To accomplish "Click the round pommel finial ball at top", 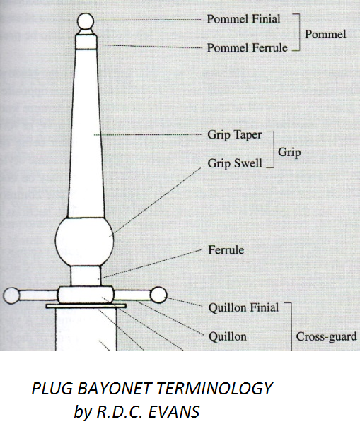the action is click(86, 21).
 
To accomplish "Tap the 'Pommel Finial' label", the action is click(243, 19).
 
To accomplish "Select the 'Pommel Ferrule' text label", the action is click(247, 48).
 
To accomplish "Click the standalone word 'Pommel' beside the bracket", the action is click(325, 35).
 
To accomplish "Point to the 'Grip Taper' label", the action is click(235, 135).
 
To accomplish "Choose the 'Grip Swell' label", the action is click(235, 163).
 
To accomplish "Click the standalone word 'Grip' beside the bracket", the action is click(289, 152).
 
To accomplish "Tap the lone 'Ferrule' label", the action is click(226, 250).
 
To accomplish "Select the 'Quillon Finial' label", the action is click(243, 307).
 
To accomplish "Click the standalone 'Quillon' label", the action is click(227, 336).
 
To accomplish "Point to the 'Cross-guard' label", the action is click(326, 336).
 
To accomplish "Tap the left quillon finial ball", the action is click(11, 295).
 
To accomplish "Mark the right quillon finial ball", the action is click(158, 295).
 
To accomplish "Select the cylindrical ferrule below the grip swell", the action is click(86, 276).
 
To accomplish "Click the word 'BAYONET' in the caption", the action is click(114, 389).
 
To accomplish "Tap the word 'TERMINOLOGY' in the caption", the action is click(214, 389).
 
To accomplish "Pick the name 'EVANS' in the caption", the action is click(174, 412).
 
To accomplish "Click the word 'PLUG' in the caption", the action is click(52, 389).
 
